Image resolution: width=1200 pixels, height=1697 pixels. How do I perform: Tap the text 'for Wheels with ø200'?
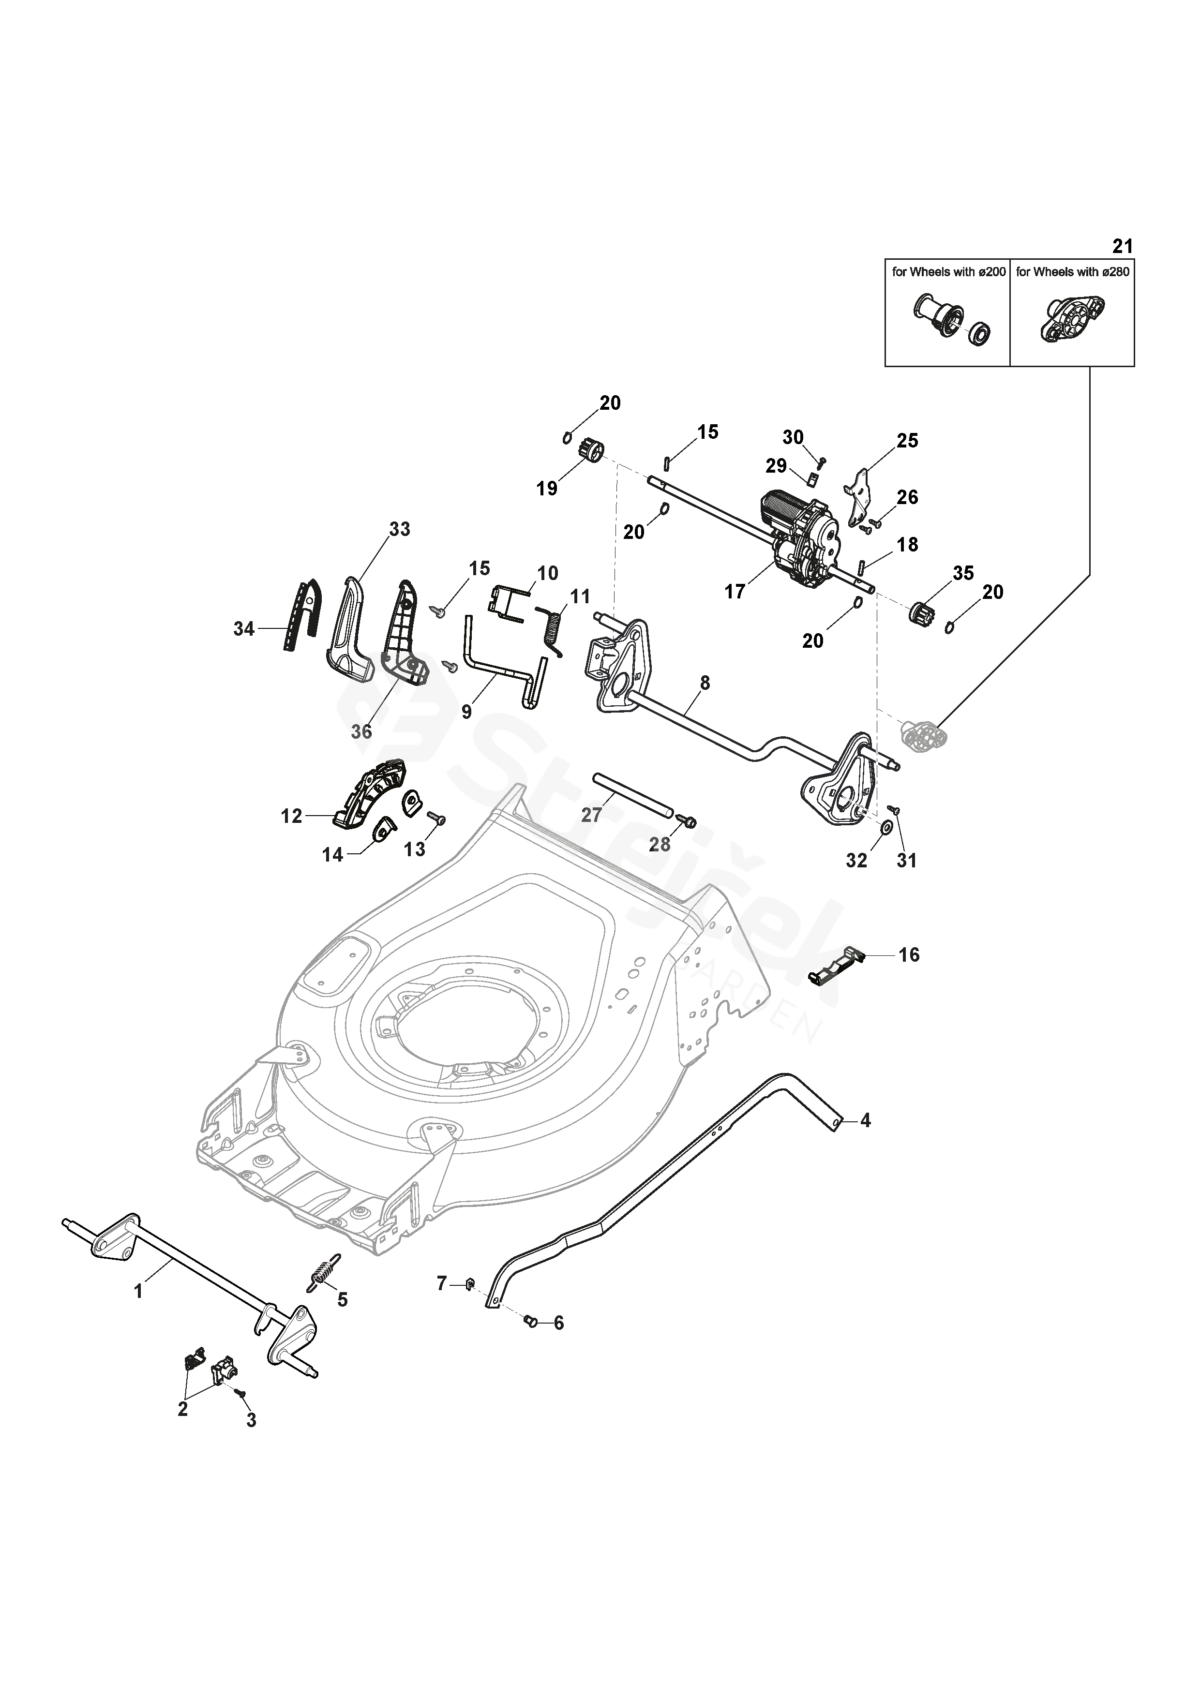tap(948, 272)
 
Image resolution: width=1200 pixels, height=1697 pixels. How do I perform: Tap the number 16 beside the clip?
tap(909, 955)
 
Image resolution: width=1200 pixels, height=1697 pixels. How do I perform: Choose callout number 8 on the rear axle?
tap(705, 683)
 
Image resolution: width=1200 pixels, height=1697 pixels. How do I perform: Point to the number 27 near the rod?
tap(591, 815)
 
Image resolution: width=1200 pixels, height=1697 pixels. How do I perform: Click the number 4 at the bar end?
tap(865, 1141)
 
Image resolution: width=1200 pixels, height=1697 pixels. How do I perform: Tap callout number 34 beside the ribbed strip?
tap(243, 629)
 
